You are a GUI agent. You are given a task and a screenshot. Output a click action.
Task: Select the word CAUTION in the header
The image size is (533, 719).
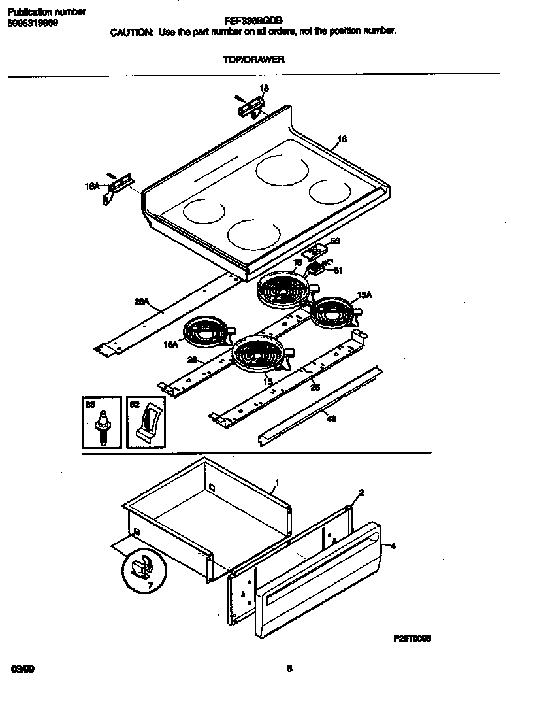tap(131, 31)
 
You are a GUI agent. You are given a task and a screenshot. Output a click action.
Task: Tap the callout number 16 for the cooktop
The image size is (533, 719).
tap(342, 139)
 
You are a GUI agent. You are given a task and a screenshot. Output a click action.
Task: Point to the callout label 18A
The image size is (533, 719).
tap(92, 186)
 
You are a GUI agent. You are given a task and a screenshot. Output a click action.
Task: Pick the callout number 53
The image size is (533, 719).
tap(335, 241)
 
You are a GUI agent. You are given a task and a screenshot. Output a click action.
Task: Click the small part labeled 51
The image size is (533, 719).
tap(318, 269)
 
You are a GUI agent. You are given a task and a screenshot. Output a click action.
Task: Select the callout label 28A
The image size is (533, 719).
tap(141, 302)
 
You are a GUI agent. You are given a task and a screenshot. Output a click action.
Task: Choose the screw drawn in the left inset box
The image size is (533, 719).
tap(102, 426)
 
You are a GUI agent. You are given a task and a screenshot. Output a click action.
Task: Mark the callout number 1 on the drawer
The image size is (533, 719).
tap(277, 483)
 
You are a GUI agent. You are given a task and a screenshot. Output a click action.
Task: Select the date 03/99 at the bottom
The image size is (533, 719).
tap(22, 669)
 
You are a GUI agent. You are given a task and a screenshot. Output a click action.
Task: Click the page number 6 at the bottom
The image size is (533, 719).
tap(289, 668)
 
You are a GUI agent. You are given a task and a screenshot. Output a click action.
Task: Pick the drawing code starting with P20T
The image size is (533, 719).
tap(412, 639)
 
